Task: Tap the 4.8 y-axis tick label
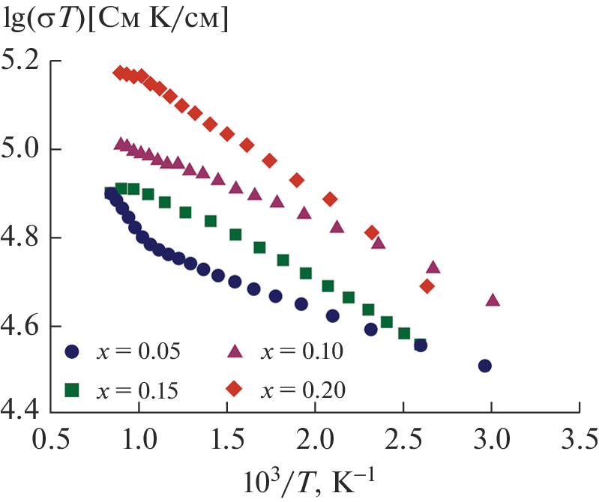22,238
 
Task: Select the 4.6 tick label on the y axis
22,327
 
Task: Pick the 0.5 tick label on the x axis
49,436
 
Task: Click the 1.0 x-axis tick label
138,436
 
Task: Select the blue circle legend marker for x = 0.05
73,350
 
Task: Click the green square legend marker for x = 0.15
73,389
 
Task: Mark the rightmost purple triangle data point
493,300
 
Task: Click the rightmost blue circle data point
485,366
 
